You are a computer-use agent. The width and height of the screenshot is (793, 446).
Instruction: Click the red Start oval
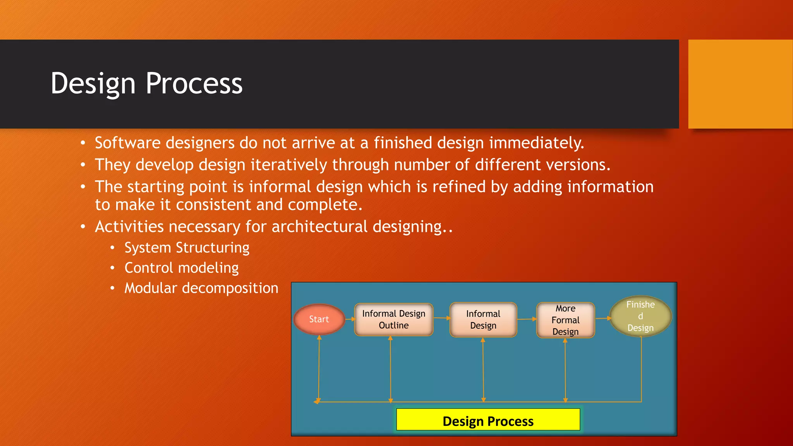pyautogui.click(x=319, y=319)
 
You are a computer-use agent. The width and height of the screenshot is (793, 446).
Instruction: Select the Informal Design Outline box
pyautogui.click(x=393, y=319)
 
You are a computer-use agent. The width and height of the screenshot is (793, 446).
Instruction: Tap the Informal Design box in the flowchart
pyautogui.click(x=483, y=320)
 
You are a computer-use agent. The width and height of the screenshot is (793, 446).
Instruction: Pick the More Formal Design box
pyautogui.click(x=565, y=320)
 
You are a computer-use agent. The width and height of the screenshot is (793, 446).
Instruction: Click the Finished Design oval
pyautogui.click(x=640, y=316)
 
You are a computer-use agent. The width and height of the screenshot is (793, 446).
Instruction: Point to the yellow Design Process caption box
pyautogui.click(x=488, y=420)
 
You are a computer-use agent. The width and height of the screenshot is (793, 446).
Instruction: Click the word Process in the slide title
pyautogui.click(x=194, y=83)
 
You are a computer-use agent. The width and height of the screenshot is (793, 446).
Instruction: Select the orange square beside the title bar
pyautogui.click(x=740, y=84)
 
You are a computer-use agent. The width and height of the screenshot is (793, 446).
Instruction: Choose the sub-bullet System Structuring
pyautogui.click(x=187, y=248)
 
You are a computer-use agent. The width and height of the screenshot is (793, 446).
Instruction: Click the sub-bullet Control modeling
pyautogui.click(x=181, y=268)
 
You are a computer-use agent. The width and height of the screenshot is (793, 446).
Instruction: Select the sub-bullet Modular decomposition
pyautogui.click(x=201, y=288)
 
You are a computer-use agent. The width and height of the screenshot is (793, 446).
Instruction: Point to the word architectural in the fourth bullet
pyautogui.click(x=319, y=226)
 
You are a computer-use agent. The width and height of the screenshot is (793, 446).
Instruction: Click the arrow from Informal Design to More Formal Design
pyautogui.click(x=527, y=319)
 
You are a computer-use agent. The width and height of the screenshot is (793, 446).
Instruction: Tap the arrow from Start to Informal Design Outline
pyautogui.click(x=350, y=319)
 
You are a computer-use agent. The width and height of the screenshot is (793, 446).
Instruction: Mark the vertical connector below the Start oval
pyautogui.click(x=319, y=368)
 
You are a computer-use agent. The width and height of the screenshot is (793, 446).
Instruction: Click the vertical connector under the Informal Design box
pyautogui.click(x=483, y=368)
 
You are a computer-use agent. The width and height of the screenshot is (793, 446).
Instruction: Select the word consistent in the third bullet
pyautogui.click(x=213, y=204)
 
